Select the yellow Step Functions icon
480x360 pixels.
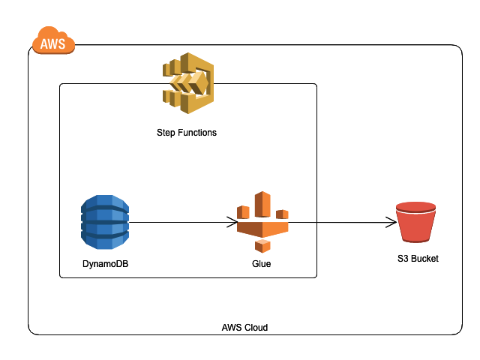[x=188, y=83]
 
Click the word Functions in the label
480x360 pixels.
[x=197, y=133]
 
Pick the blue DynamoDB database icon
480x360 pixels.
[x=105, y=221]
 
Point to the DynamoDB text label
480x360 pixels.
[x=105, y=264]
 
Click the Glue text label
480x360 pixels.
[x=262, y=264]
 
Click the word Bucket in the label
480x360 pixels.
[x=424, y=259]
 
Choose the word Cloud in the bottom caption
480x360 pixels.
[x=256, y=328]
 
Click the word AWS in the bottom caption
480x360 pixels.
[x=232, y=328]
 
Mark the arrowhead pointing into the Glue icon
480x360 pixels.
[x=233, y=222]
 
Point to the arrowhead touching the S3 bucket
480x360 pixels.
[x=391, y=222]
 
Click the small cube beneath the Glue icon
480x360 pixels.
[x=262, y=246]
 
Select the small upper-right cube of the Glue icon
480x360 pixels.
[x=282, y=214]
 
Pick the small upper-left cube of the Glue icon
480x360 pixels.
[x=242, y=211]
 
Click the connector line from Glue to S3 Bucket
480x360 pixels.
[x=337, y=222]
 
